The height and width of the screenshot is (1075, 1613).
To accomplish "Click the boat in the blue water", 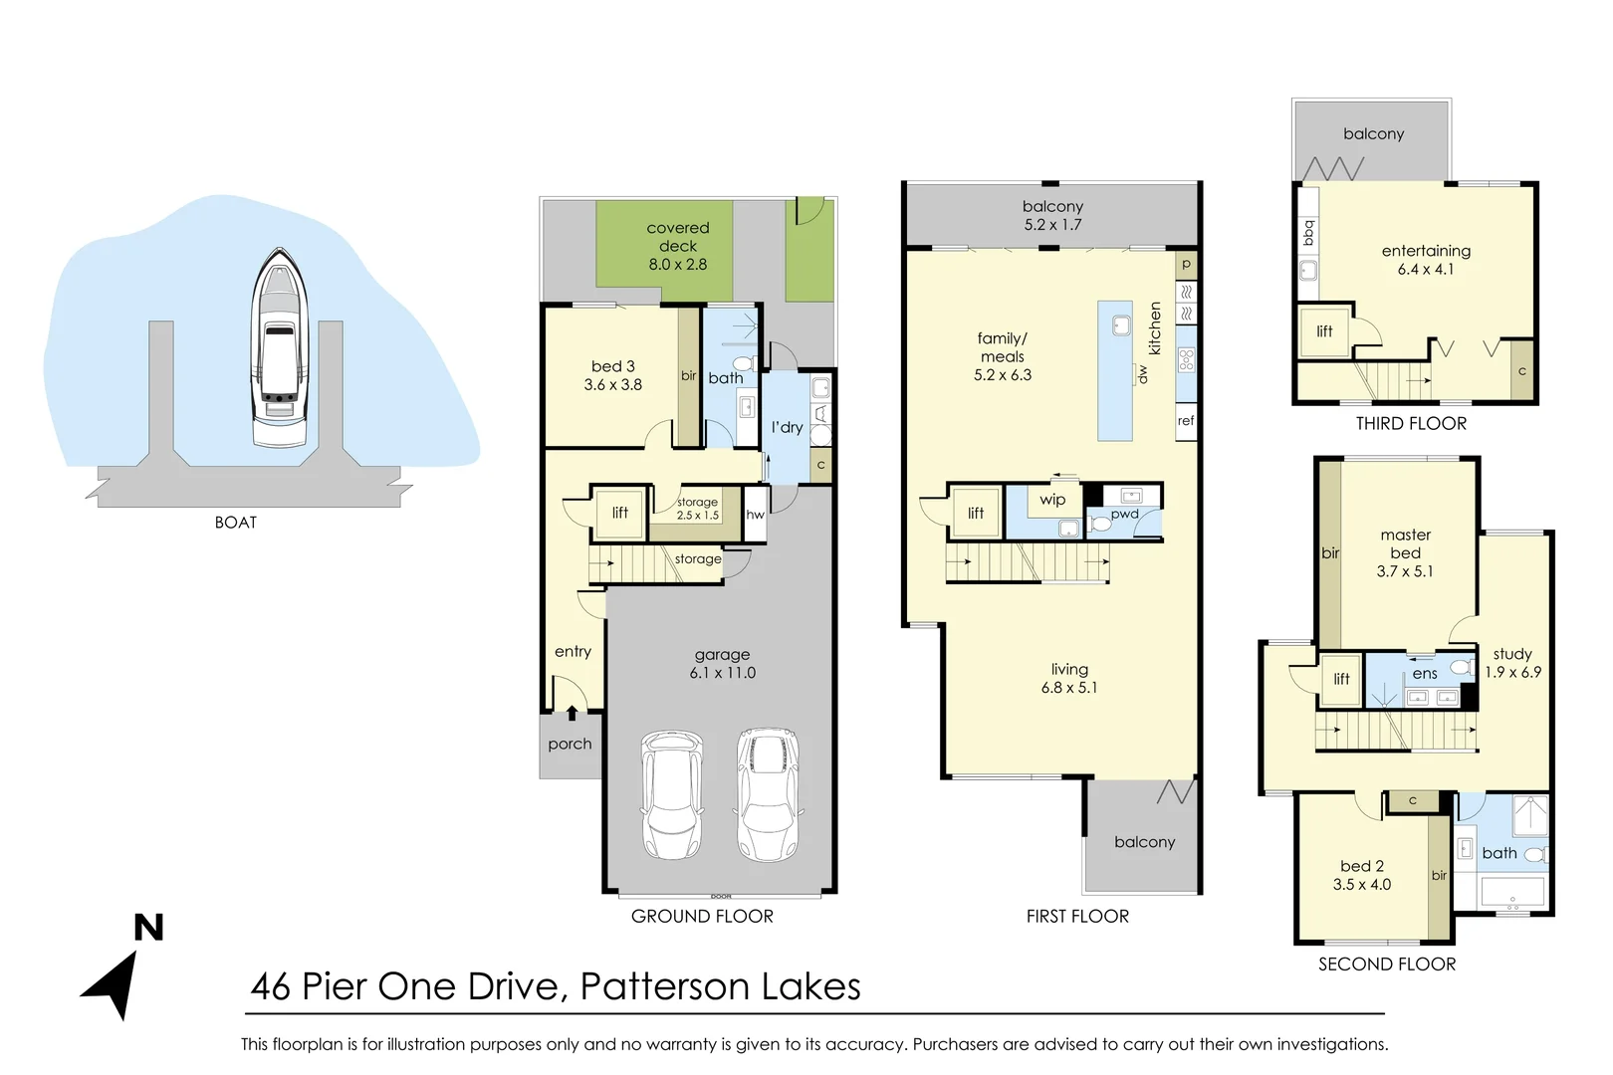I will tap(279, 348).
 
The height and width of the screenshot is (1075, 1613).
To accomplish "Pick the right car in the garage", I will tap(768, 794).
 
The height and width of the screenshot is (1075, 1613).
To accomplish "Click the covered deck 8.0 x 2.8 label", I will tap(678, 246).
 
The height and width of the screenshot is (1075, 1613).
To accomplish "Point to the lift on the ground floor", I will tap(619, 513).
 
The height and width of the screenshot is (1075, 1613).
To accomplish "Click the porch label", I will tap(570, 744).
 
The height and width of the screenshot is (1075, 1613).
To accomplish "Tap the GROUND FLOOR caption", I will tap(702, 916).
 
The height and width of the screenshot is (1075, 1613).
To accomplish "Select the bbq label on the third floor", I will tap(1308, 232).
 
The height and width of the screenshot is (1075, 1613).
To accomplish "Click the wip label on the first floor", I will tap(1052, 500).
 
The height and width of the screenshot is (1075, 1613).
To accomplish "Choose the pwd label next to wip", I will tap(1124, 514).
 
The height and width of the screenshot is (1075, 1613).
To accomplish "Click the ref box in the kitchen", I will tap(1185, 421).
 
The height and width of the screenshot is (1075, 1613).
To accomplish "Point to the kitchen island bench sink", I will tap(1121, 325).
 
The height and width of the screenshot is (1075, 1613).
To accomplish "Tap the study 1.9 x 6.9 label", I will tap(1512, 663).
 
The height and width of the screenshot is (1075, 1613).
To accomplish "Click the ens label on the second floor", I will tap(1425, 674).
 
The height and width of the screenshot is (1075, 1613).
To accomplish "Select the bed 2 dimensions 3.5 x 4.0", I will tap(1362, 884).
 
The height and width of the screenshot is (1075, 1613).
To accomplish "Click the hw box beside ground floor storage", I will tap(755, 515).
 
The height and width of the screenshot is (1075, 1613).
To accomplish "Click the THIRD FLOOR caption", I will tap(1411, 423).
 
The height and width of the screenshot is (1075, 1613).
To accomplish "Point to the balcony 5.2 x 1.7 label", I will tap(1052, 215).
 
